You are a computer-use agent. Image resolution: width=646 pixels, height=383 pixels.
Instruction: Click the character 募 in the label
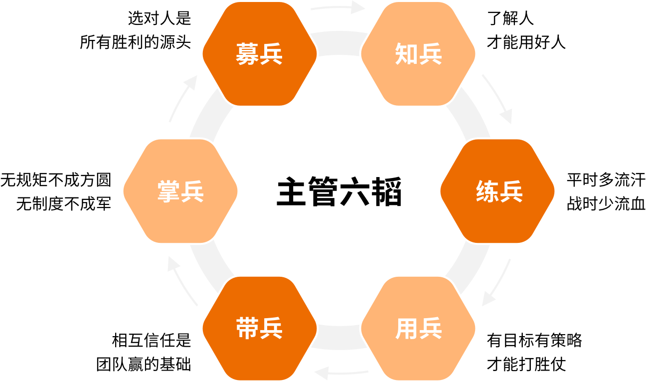click(247, 54)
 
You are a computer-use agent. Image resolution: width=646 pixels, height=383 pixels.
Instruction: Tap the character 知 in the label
click(406, 54)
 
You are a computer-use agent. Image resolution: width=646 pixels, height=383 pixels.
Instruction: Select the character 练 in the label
click(486, 191)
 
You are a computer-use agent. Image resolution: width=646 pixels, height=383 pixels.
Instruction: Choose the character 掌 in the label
click(168, 191)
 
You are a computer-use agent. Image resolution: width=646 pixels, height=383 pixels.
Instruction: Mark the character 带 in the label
click(247, 329)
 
